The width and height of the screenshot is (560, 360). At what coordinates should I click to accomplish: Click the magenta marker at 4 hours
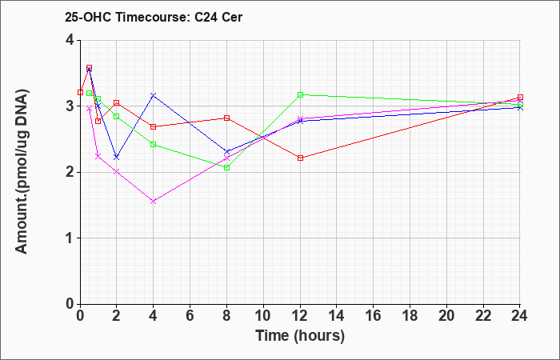click(x=154, y=202)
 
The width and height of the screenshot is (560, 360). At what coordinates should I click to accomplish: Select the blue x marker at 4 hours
click(x=154, y=95)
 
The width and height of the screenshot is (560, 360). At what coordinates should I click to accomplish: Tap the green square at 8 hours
click(x=226, y=167)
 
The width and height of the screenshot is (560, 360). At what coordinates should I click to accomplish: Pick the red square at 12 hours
click(x=300, y=158)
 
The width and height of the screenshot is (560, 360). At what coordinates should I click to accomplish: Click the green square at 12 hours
click(x=300, y=94)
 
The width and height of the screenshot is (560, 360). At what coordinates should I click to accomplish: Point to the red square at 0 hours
click(x=80, y=93)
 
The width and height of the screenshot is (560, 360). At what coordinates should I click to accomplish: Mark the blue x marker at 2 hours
click(x=117, y=157)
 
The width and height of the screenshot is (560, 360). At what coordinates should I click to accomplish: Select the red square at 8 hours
click(x=226, y=118)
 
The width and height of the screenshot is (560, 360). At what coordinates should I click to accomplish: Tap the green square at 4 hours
click(x=154, y=144)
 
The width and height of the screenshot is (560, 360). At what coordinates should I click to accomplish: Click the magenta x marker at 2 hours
click(x=117, y=172)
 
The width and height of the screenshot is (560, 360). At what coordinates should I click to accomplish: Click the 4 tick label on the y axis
click(x=70, y=40)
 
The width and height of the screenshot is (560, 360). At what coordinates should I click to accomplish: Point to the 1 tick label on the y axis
click(x=70, y=238)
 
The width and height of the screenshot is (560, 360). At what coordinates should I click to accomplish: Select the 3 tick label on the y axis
click(x=70, y=106)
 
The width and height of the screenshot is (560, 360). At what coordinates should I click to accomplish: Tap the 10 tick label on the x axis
click(x=263, y=316)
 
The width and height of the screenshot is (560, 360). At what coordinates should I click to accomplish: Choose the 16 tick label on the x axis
click(x=374, y=316)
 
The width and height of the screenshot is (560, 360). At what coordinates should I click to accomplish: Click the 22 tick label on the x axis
click(x=483, y=316)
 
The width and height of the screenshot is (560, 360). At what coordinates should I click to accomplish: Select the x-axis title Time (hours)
click(x=300, y=336)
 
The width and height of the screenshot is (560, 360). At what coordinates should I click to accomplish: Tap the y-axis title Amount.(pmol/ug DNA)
click(x=22, y=172)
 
